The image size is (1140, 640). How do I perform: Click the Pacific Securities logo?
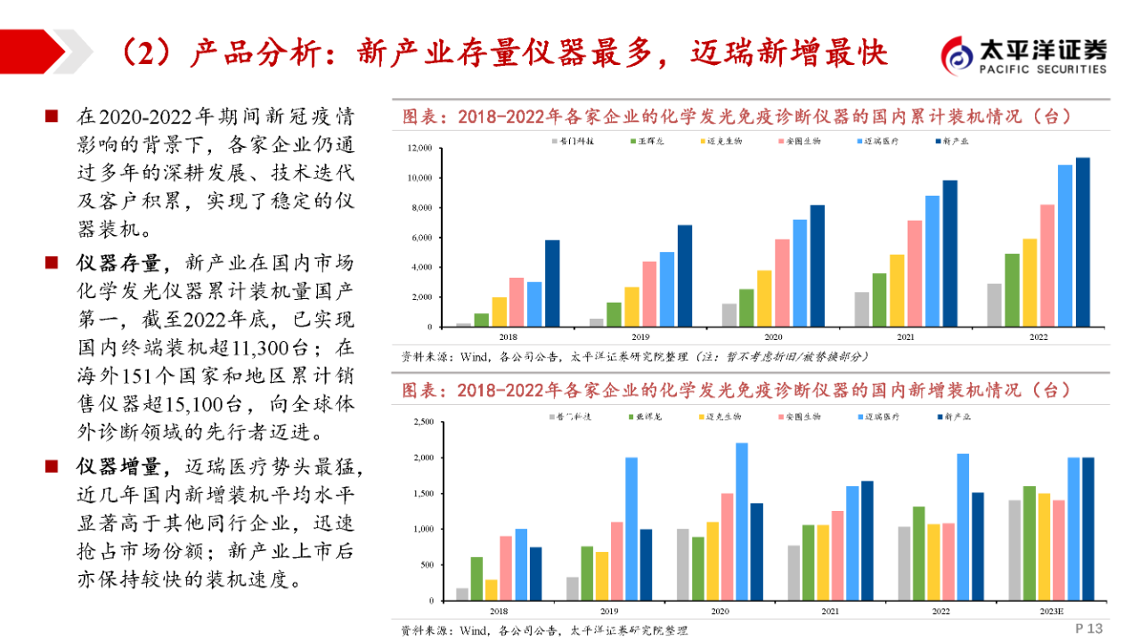pos(1024,55)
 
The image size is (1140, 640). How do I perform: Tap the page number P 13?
pos(1089,628)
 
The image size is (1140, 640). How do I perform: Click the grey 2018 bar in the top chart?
pos(463,325)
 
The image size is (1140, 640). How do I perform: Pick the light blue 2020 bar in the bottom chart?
pos(741,522)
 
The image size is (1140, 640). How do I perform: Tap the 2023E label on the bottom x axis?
pos(1052,612)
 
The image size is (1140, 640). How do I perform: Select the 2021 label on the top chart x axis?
pos(905,337)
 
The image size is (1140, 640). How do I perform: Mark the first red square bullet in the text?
pos(53,117)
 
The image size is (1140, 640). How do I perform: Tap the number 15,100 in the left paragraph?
pos(196,404)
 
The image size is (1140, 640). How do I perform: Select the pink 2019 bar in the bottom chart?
pos(616,561)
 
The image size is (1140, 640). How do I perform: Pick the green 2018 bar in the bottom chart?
pos(476,579)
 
